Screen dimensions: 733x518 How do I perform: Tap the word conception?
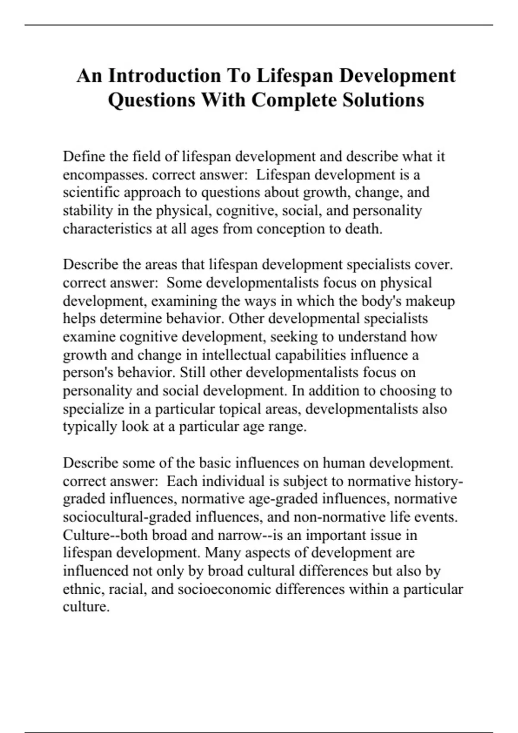click(x=291, y=229)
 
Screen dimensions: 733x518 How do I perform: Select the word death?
click(x=363, y=229)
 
